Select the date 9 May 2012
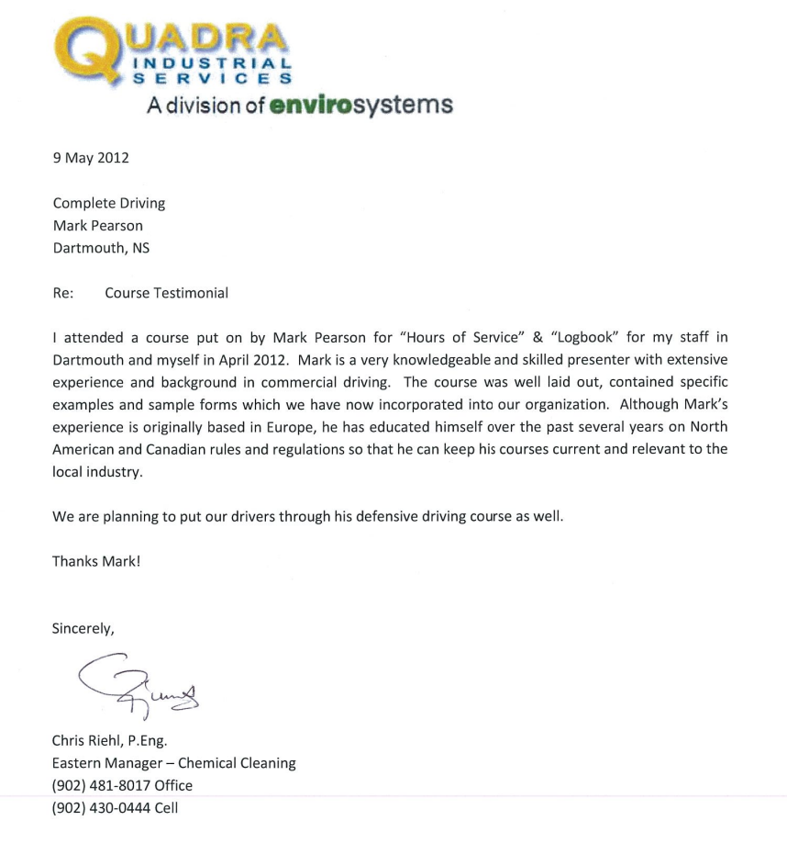tap(91, 158)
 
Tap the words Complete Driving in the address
tap(109, 203)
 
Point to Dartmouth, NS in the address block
tap(101, 248)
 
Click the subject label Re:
tap(63, 293)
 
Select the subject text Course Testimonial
tap(166, 293)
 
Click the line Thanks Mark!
tap(96, 561)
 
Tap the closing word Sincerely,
tap(83, 629)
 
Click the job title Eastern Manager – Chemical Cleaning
tap(174, 763)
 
